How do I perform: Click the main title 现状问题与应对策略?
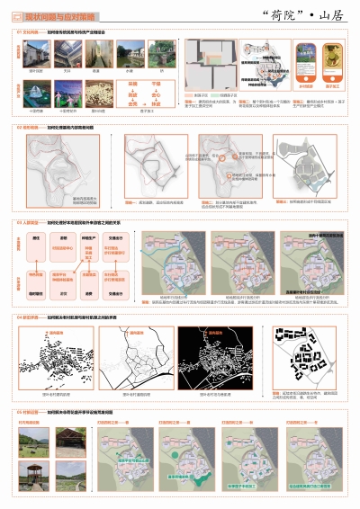click(56, 17)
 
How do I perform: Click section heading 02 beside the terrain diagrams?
click(27, 128)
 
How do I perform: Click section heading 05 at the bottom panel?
click(27, 410)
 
